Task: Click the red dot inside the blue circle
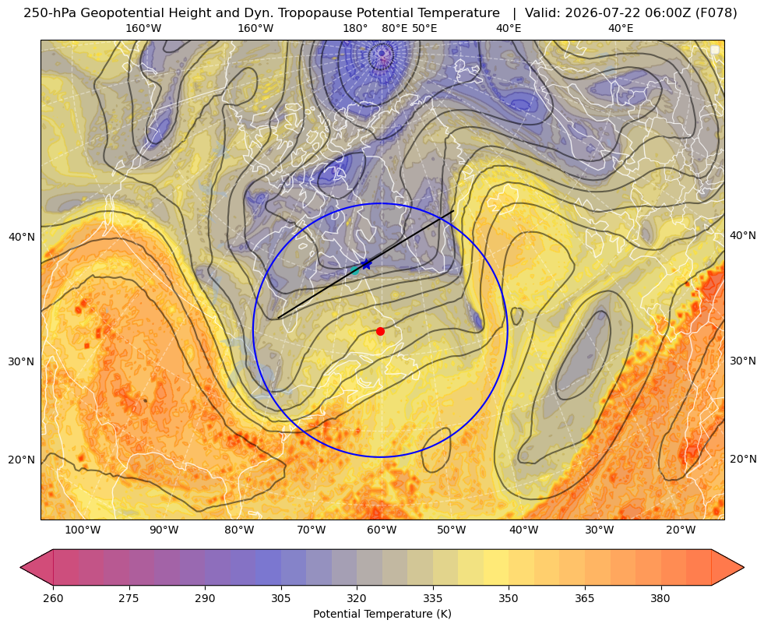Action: [x=380, y=331]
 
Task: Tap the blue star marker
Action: [x=366, y=264]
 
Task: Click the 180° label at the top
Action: [x=355, y=28]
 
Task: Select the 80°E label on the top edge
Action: [x=394, y=28]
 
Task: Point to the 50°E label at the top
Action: [x=424, y=28]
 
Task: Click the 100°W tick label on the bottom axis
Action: [x=83, y=530]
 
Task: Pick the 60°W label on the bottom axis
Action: [x=382, y=530]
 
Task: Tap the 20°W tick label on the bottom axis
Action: [x=681, y=530]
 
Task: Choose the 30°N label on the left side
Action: [x=22, y=361]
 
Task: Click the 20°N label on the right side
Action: [x=743, y=459]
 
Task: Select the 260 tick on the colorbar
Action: [x=53, y=598]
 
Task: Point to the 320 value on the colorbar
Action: [x=357, y=598]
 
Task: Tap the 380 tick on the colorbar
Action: [x=660, y=598]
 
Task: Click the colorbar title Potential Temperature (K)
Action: [x=382, y=614]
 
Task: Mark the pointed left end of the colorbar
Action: [x=20, y=567]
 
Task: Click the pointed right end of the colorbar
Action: [x=744, y=567]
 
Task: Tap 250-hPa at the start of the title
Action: [x=50, y=13]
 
